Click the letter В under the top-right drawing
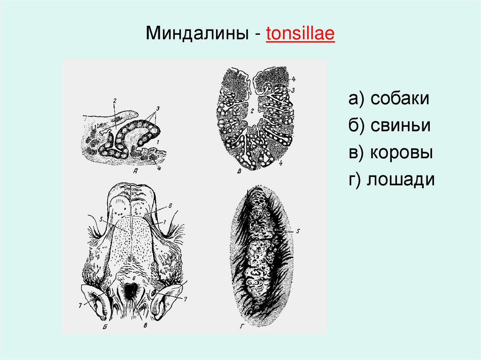(x=239, y=171)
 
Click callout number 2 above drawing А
(x=114, y=100)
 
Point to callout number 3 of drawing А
(x=158, y=108)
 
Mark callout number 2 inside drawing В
(x=252, y=111)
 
